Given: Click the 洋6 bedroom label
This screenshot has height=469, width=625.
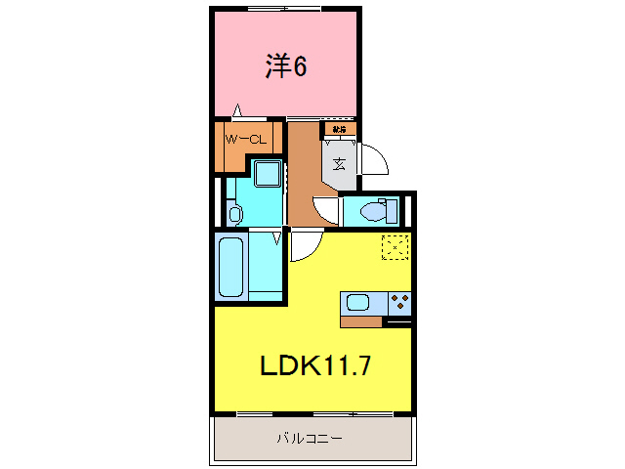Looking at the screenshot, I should point(286,66).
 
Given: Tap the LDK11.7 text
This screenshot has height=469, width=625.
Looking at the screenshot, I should point(314,365).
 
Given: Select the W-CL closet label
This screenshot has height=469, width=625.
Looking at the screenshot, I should point(246,140).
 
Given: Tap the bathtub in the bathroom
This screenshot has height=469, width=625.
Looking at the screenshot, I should point(231,266).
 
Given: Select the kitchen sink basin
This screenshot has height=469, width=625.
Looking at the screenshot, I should point(355,303).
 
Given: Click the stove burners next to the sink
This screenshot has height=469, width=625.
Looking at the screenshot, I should point(399,302).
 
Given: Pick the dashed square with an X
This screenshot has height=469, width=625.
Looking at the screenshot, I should point(395,247).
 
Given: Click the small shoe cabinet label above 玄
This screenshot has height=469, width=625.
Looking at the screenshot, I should point(339,128).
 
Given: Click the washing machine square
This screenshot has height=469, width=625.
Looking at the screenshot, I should point(267,175).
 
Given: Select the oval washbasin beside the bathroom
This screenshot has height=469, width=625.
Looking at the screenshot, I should point(234,213).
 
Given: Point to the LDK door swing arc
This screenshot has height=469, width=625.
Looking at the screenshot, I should point(302,248).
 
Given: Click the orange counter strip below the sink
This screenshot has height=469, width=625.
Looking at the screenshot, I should point(361,321).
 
